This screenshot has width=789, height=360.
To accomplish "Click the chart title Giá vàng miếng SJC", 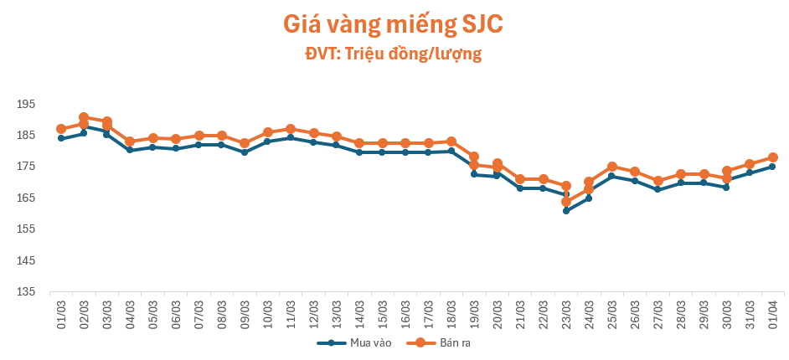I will [393, 25].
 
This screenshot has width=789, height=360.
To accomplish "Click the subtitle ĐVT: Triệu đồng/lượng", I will [393, 54].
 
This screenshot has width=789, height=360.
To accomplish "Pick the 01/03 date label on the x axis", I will [61, 314].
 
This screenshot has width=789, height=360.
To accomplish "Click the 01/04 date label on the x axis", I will [773, 314].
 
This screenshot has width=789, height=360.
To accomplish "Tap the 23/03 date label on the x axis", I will [566, 314].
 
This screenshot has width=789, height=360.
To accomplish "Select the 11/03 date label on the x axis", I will [291, 314].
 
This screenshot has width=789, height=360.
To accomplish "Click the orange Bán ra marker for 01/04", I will [773, 157].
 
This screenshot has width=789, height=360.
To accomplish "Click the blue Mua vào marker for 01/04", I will [772, 167].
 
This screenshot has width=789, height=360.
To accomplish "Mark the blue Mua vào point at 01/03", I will [61, 138].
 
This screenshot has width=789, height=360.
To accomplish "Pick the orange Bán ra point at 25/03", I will [612, 167].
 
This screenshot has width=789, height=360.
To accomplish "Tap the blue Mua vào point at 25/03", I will [612, 176].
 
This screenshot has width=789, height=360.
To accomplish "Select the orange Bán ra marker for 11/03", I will [291, 129].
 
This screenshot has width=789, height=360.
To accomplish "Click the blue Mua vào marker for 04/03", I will [130, 150].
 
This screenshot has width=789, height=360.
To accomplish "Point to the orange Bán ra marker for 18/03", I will [451, 141].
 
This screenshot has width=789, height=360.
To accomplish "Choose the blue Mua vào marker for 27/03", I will [657, 189].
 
